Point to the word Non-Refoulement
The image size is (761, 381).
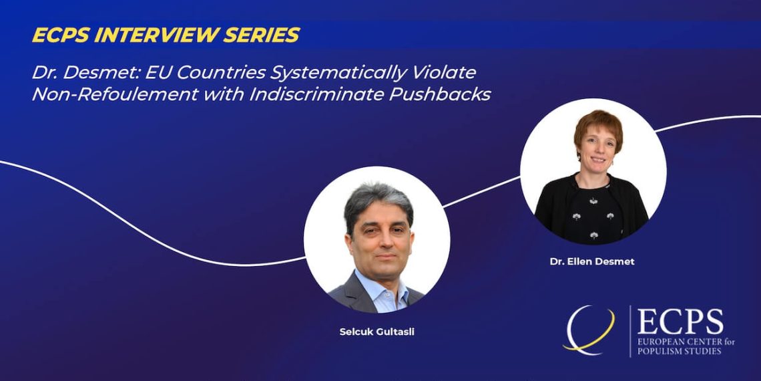pyautogui.click(x=115, y=94)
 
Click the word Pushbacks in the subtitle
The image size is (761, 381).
pyautogui.click(x=440, y=94)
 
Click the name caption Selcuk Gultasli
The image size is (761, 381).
pyautogui.click(x=376, y=333)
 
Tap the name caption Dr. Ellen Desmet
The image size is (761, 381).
pyautogui.click(x=592, y=261)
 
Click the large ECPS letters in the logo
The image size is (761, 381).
pyautogui.click(x=680, y=322)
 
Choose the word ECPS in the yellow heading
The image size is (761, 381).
pyautogui.click(x=52, y=35)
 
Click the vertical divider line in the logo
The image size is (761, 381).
pyautogui.click(x=630, y=331)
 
